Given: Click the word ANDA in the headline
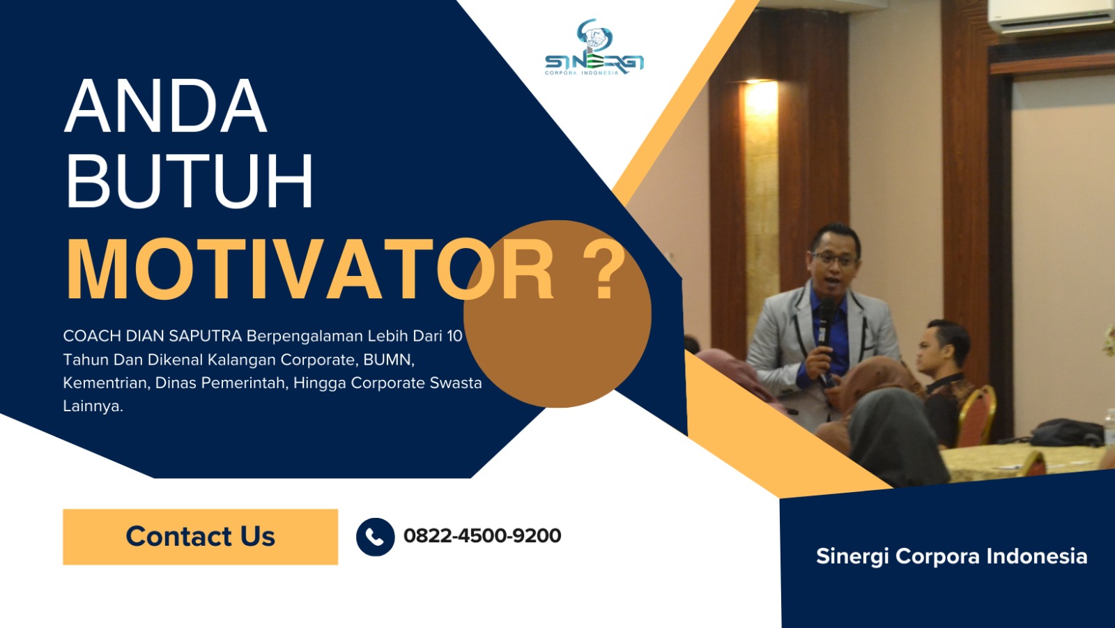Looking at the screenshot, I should [x=166, y=107].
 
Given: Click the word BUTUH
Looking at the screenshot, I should [x=190, y=182].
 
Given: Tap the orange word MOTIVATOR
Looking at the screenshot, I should [x=309, y=270].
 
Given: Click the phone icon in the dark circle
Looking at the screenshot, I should [x=375, y=537].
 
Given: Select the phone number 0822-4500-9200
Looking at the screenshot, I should [x=482, y=536].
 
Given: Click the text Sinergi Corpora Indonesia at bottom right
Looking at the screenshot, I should [x=951, y=556].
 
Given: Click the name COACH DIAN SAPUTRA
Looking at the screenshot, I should [x=152, y=336].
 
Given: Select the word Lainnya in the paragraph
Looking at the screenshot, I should [x=92, y=406].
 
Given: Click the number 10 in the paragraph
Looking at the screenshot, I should [x=454, y=336].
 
